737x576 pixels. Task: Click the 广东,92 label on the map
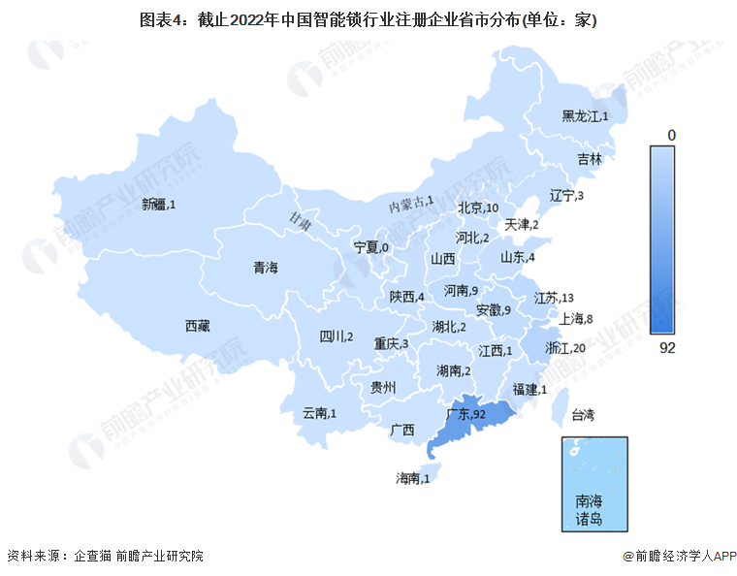pyautogui.click(x=466, y=414)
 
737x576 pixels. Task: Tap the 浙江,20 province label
pyautogui.click(x=565, y=347)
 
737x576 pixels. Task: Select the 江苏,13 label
pyautogui.click(x=554, y=298)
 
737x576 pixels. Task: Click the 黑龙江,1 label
pyautogui.click(x=585, y=116)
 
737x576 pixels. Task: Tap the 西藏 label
pyautogui.click(x=198, y=326)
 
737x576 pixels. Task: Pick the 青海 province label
pyautogui.click(x=265, y=268)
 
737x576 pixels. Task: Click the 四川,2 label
pyautogui.click(x=336, y=337)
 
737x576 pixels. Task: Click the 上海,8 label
pyautogui.click(x=576, y=318)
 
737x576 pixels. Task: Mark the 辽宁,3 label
pyautogui.click(x=566, y=196)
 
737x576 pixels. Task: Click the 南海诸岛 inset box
pyautogui.click(x=593, y=483)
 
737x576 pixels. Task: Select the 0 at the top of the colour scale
pyautogui.click(x=669, y=134)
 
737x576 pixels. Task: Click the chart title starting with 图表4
pyautogui.click(x=368, y=17)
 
